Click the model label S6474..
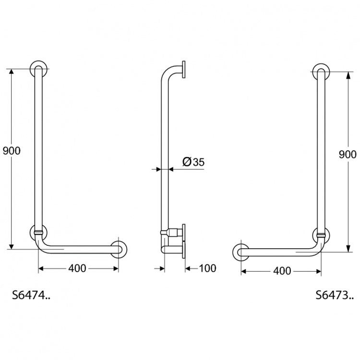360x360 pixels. click(31, 295)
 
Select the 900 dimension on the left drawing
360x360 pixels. click(12, 151)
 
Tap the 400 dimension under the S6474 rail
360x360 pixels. click(77, 268)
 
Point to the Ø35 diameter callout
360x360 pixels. click(193, 162)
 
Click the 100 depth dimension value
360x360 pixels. click(207, 268)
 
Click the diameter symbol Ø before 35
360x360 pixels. click(187, 162)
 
